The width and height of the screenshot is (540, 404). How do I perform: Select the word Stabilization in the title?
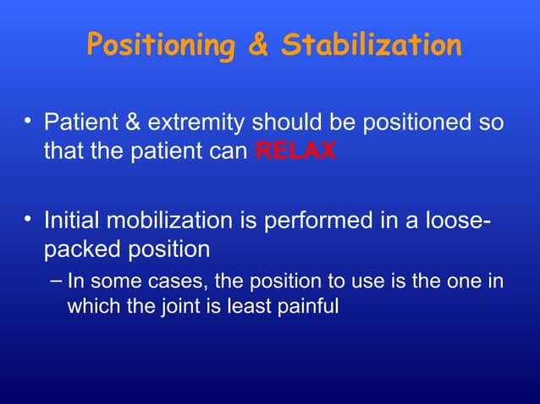(372, 46)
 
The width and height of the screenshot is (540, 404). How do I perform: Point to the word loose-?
(457, 223)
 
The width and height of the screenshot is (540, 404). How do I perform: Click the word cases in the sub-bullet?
(167, 281)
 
